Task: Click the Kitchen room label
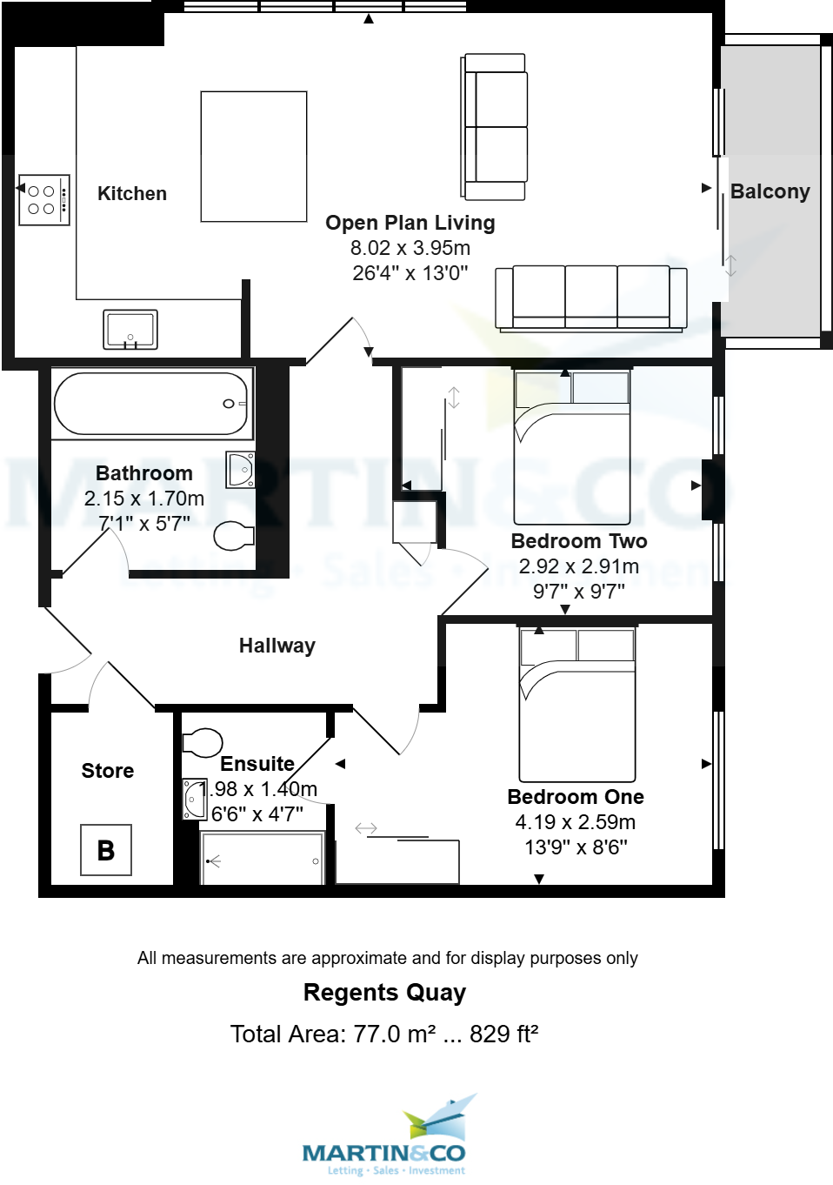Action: click(x=132, y=194)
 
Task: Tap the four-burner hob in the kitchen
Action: click(x=43, y=200)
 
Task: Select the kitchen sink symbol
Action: click(x=130, y=330)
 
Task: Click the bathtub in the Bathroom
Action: click(x=151, y=404)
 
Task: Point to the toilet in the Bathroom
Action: click(x=233, y=536)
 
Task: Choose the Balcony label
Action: click(x=770, y=191)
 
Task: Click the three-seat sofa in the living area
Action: click(x=591, y=298)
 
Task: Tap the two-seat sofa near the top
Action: click(x=495, y=127)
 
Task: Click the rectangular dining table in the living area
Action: click(x=254, y=157)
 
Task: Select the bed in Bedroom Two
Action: click(x=572, y=446)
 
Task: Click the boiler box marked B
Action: click(x=106, y=850)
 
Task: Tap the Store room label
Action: click(x=108, y=771)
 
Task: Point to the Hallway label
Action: click(x=277, y=646)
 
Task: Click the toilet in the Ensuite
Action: click(x=203, y=742)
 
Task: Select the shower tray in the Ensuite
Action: click(x=263, y=860)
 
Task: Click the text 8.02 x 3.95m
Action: click(x=410, y=248)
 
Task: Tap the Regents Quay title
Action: click(x=384, y=993)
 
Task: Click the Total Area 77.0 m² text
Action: click(x=384, y=1034)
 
